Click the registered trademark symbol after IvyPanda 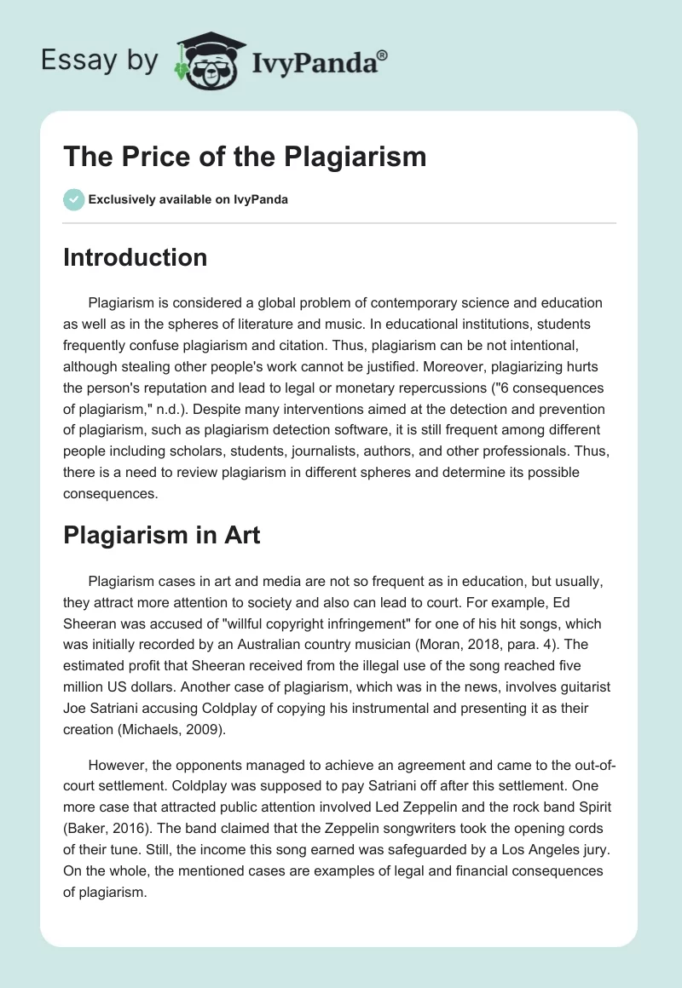(383, 55)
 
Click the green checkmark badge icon (72, 199)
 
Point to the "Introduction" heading (135, 257)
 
